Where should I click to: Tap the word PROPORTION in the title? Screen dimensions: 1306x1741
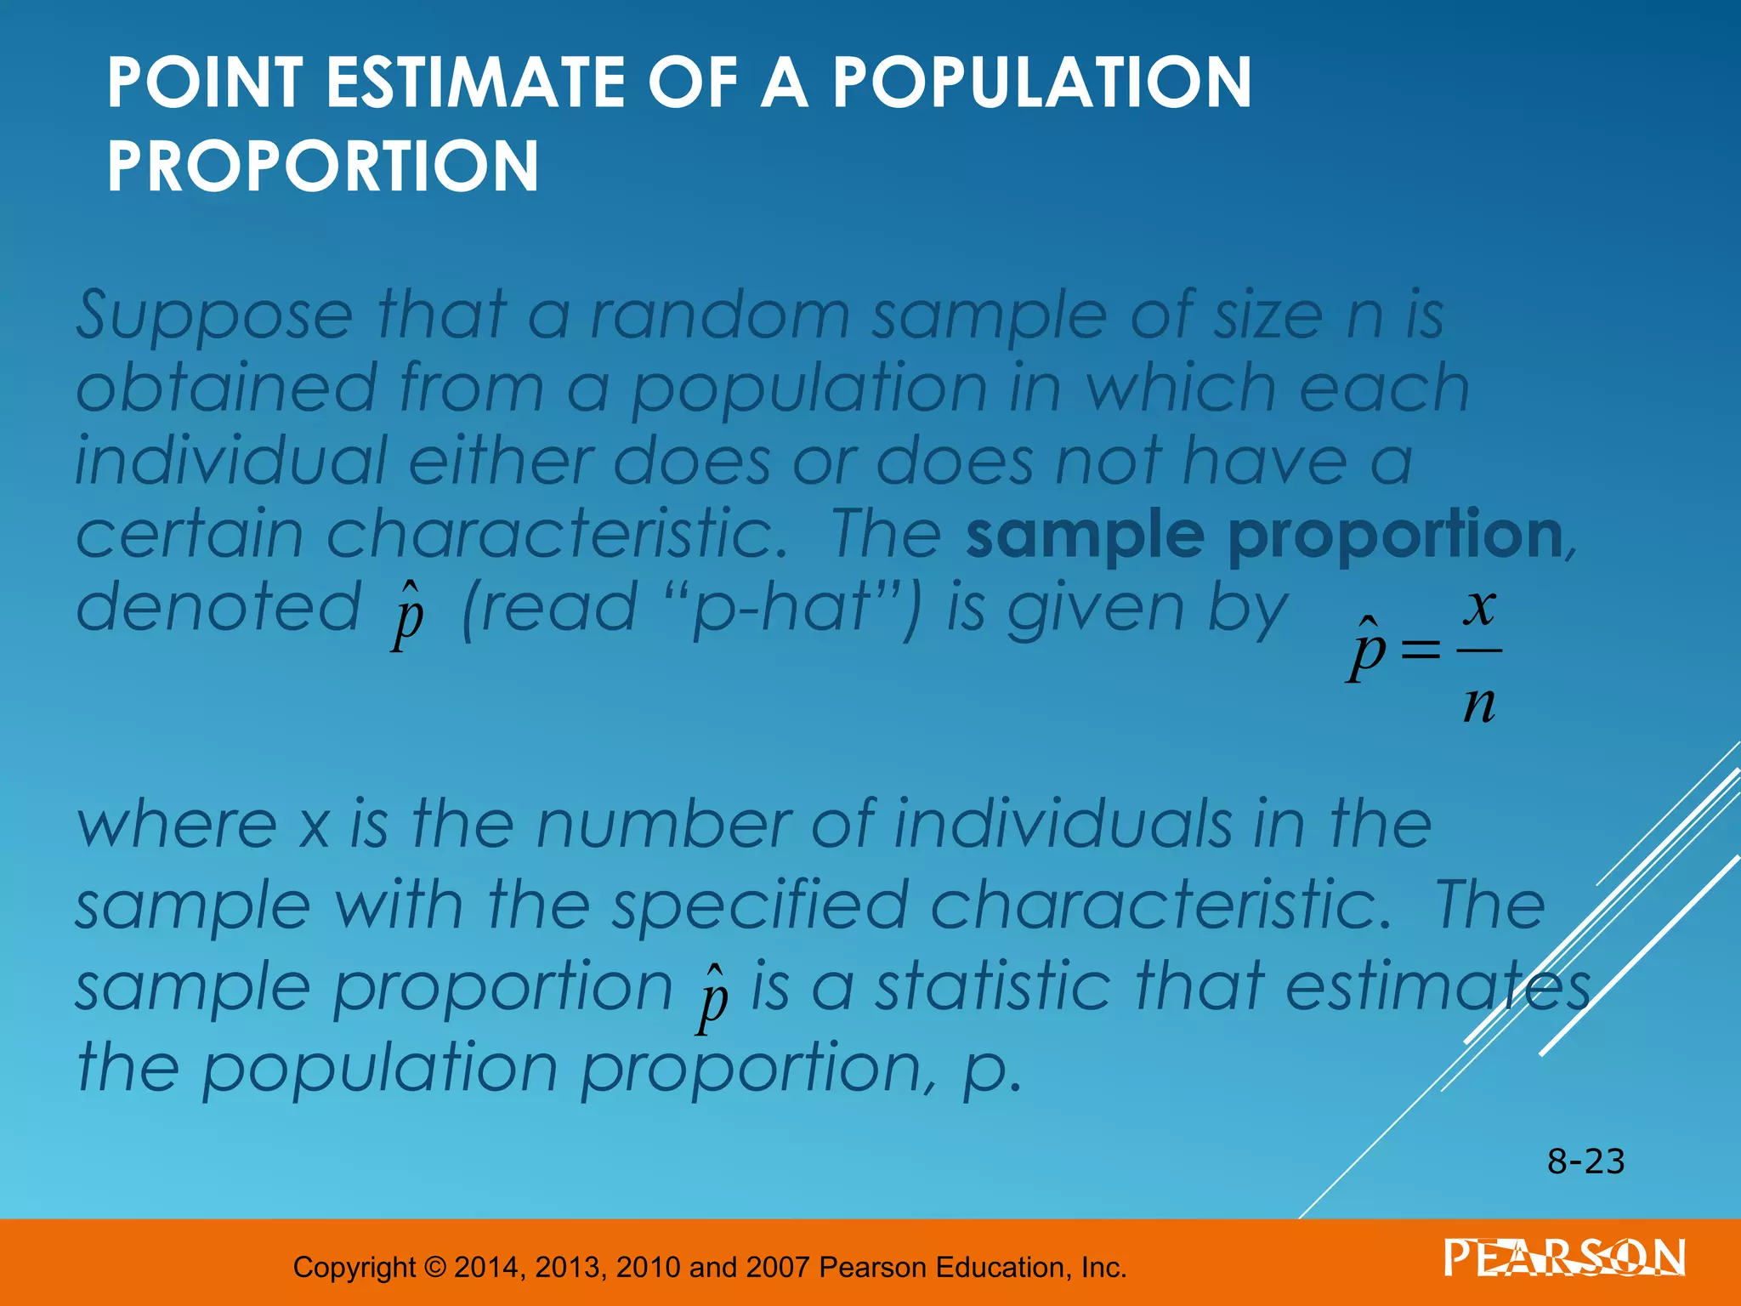pyautogui.click(x=323, y=166)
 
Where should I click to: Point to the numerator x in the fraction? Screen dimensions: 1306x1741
pyautogui.click(x=1479, y=607)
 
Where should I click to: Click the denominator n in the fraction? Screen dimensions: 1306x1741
pyautogui.click(x=1479, y=704)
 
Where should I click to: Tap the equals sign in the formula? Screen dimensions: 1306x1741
pyautogui.click(x=1420, y=651)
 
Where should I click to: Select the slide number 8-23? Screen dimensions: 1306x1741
pyautogui.click(x=1585, y=1161)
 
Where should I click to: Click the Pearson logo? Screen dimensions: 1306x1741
pyautogui.click(x=1564, y=1258)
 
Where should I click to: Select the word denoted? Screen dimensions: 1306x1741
pyautogui.click(x=219, y=607)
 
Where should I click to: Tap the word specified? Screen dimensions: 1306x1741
pyautogui.click(x=761, y=906)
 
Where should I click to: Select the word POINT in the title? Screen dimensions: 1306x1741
pyautogui.click(x=205, y=82)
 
